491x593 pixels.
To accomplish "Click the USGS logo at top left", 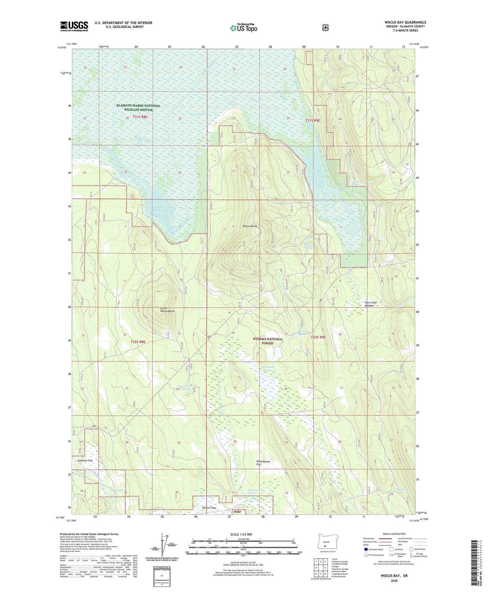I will pyautogui.click(x=74, y=26).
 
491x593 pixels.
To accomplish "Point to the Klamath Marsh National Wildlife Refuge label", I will pyautogui.click(x=138, y=108).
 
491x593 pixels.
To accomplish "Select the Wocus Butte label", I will pyautogui.click(x=250, y=226).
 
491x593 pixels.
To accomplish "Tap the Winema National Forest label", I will pyautogui.click(x=267, y=341).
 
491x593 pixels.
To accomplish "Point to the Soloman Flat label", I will pyautogui.click(x=85, y=461).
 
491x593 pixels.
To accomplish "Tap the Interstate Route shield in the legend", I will pyautogui.click(x=366, y=549).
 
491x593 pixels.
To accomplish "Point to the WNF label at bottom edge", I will pyautogui.click(x=237, y=511).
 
